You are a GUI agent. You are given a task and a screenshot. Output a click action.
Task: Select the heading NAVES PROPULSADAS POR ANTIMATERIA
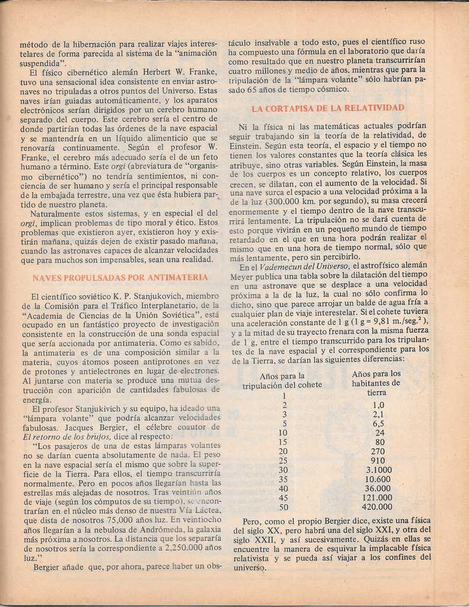point(120,277)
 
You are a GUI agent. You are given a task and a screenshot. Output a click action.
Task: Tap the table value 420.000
point(377,507)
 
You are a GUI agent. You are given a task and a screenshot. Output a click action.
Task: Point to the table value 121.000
point(377,498)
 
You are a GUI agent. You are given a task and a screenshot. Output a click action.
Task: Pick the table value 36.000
point(378,488)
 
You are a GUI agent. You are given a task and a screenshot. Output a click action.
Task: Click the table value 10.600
point(378,480)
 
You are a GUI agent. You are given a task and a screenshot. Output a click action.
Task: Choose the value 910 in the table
point(378,461)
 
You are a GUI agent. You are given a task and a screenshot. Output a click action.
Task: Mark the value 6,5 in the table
point(378,424)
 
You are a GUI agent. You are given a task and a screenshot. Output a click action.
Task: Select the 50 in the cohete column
point(283,507)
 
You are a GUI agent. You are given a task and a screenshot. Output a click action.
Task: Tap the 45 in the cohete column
point(283,498)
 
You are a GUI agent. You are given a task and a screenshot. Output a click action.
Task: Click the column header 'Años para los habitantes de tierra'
point(377,383)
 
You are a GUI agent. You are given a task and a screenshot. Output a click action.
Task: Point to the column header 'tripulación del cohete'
point(282,385)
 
